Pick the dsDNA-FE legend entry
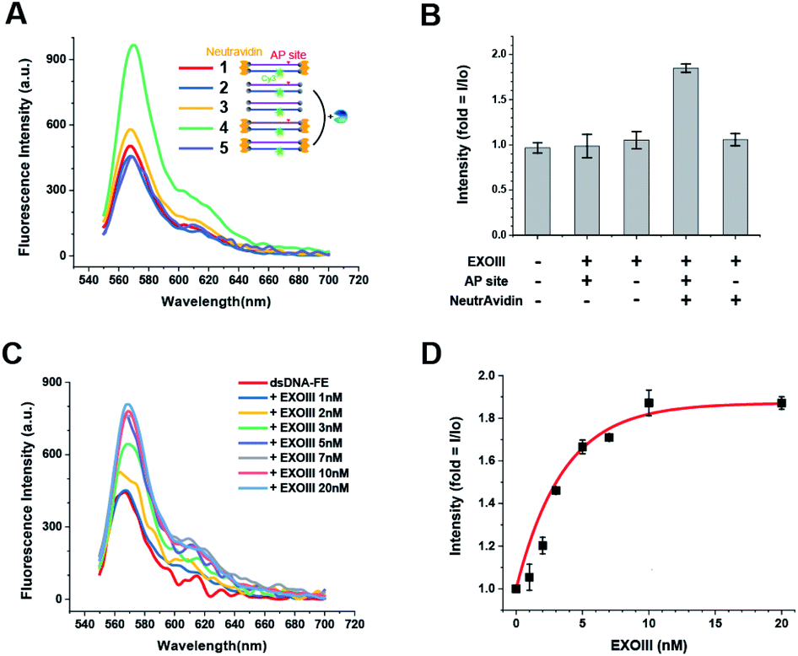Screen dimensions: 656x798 [289, 382]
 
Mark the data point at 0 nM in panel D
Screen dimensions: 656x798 [515, 589]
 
